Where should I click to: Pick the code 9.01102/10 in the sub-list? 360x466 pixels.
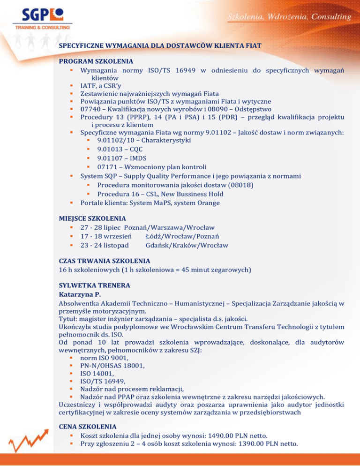click(x=115, y=140)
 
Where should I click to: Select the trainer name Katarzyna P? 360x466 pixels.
click(x=79, y=295)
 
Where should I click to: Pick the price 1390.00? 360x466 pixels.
click(x=261, y=444)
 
